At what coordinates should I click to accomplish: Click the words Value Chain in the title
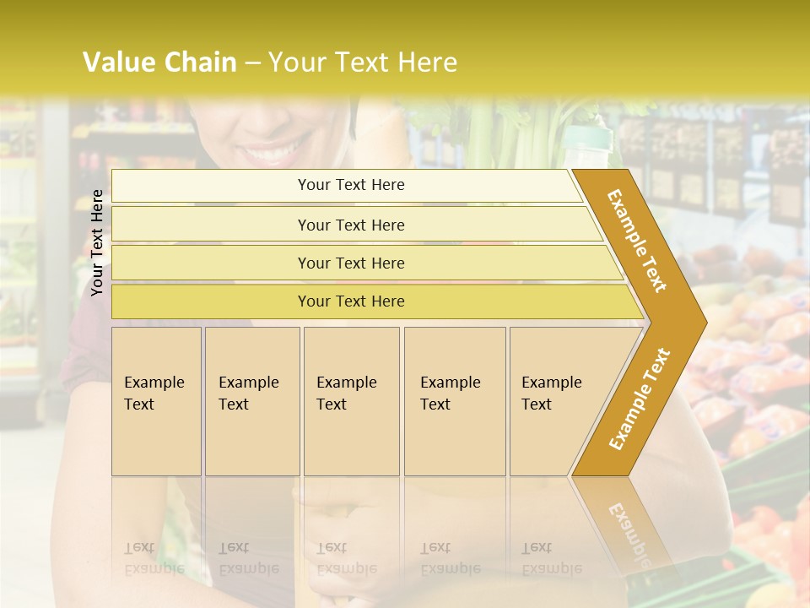159,62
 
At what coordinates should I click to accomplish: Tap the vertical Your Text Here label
97,242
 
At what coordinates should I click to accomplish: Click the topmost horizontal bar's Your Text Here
351,185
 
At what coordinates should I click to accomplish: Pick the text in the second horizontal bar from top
351,225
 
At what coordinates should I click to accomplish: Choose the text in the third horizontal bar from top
351,263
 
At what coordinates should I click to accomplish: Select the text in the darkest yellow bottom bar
351,301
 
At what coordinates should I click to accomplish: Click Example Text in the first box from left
154,394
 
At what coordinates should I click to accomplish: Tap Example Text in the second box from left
248,394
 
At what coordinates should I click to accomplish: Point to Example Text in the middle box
346,394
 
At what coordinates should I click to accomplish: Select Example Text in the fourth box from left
450,394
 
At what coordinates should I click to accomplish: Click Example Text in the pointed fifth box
551,394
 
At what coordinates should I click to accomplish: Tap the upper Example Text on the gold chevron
638,241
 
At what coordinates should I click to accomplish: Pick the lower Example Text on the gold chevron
640,399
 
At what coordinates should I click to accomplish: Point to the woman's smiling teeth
272,155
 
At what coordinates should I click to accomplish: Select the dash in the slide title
252,63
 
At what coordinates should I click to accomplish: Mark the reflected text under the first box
154,558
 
